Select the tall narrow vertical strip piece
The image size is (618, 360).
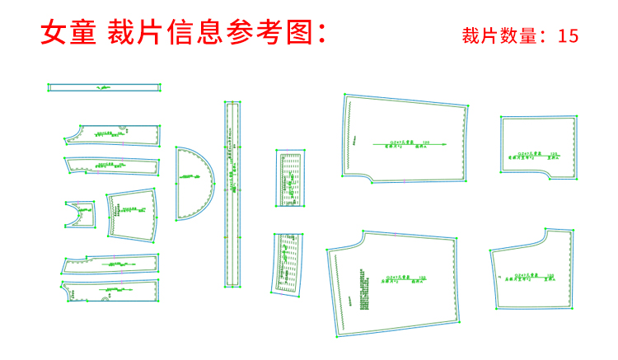coord(232,194)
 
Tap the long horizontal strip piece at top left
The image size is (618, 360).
coord(104,86)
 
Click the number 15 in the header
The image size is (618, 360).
coord(568,35)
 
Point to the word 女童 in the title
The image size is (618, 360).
coord(68,32)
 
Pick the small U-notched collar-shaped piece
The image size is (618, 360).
coord(80,214)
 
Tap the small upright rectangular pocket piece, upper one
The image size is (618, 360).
coord(289,177)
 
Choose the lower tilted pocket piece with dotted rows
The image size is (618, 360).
coord(288,262)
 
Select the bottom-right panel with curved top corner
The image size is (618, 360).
coord(531,269)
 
